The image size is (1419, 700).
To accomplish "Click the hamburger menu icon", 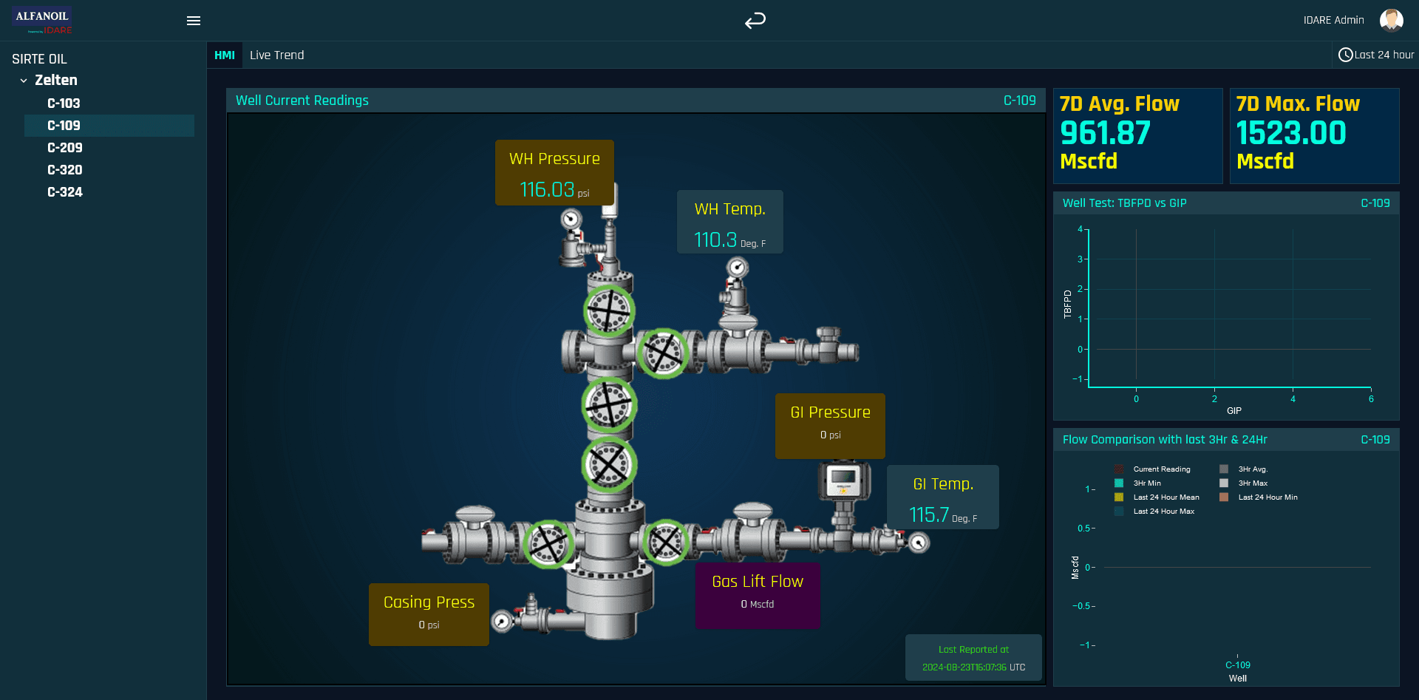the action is [194, 21].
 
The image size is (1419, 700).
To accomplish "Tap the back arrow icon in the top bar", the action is [755, 21].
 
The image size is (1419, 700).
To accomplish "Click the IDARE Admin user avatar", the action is [1392, 20].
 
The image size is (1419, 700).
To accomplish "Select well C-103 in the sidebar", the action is [64, 103].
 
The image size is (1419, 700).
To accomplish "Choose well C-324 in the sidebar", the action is [65, 192].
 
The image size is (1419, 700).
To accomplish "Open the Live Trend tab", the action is [277, 55].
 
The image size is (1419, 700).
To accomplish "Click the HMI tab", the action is [225, 55].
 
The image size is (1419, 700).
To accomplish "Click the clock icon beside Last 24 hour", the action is [1346, 55].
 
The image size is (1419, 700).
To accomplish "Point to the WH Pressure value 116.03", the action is [547, 190].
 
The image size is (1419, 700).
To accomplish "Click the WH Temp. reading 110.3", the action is [715, 240].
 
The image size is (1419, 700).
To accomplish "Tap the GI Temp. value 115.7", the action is [929, 515].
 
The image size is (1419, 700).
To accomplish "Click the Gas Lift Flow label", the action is [758, 582].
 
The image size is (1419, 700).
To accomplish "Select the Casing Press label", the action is [429, 602].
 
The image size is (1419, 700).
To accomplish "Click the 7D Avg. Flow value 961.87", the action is [1105, 133].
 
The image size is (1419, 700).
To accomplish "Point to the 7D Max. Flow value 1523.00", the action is [1291, 133].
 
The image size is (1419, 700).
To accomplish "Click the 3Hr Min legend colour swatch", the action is [1119, 483].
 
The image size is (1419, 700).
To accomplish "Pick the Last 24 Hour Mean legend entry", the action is [1157, 497].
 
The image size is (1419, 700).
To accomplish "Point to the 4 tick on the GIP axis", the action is [1293, 399].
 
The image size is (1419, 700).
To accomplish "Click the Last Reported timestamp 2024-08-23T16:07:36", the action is [964, 667].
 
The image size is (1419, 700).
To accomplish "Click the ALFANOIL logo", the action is [42, 20].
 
